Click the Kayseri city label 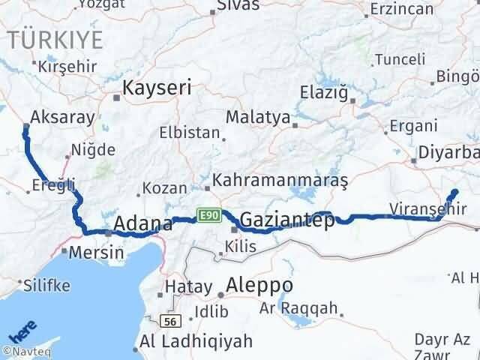pos(157,87)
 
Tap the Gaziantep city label pos(286,220)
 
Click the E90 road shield pos(208,215)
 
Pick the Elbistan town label pos(189,133)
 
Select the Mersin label pos(96,252)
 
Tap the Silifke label pos(46,285)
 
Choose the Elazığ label pos(325,94)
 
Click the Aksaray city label pos(62,117)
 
